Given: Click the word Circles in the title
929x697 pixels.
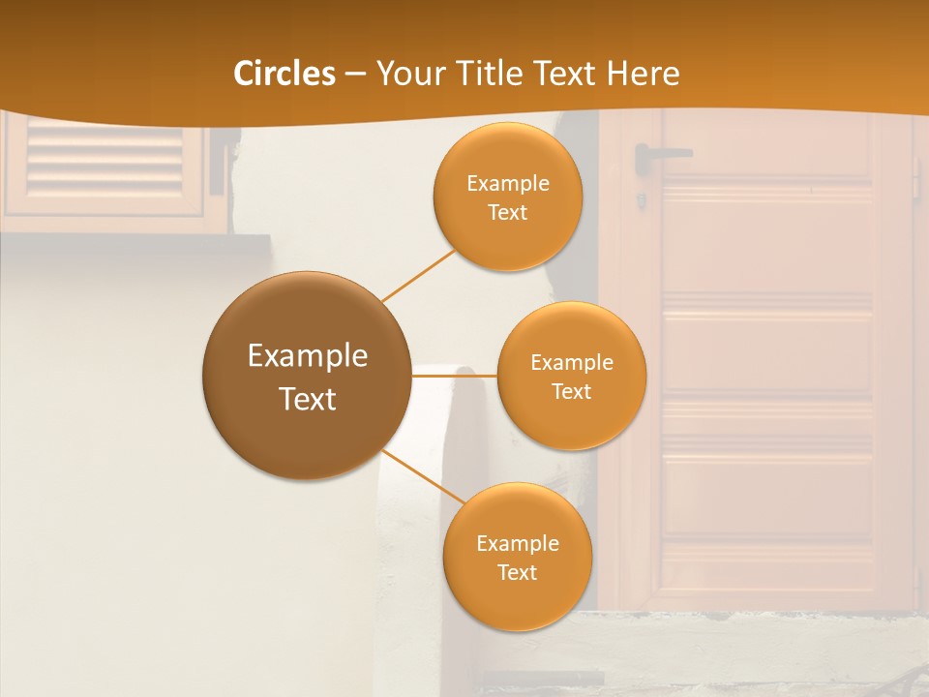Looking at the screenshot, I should tap(284, 74).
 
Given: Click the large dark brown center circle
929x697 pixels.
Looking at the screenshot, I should tap(307, 376).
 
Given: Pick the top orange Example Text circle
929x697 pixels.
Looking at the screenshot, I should tap(508, 197).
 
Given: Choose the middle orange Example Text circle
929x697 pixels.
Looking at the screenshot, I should tap(572, 376).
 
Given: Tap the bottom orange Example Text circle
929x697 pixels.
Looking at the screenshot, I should tap(518, 558).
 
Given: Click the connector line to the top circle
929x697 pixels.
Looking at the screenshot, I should tap(418, 275).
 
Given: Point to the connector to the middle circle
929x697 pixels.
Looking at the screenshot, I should tap(454, 376).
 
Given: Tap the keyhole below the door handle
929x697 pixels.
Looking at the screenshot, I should tap(641, 200).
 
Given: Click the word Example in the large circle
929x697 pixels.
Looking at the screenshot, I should tap(308, 355).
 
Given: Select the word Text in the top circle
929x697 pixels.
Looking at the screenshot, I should tap(508, 213).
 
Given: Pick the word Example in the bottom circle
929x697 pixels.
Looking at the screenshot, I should tap(518, 543).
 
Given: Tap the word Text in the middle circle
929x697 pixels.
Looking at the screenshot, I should tap(572, 391).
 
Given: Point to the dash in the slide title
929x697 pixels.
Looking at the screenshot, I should tap(355, 75).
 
